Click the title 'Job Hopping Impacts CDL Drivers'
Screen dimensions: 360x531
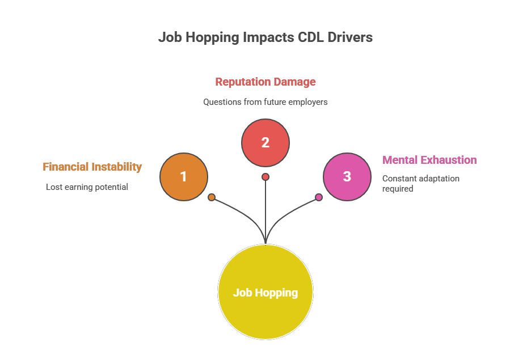click(x=265, y=37)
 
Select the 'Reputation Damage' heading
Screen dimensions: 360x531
click(x=265, y=82)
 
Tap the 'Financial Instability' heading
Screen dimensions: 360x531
click(x=92, y=167)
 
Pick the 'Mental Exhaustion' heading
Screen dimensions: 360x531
click(x=429, y=160)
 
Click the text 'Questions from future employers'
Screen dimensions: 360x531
click(x=265, y=102)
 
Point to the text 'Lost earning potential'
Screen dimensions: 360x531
click(x=87, y=187)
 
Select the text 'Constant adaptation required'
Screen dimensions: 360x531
click(x=420, y=183)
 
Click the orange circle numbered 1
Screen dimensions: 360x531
click(x=184, y=177)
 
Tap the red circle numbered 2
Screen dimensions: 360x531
click(x=265, y=143)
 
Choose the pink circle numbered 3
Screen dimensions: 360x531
click(x=347, y=176)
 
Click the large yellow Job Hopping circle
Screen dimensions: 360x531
click(x=265, y=292)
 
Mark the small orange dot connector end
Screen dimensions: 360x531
click(x=212, y=197)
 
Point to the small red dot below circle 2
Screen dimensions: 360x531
click(x=265, y=177)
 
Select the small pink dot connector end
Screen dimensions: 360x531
click(x=319, y=197)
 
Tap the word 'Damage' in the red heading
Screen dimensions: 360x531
click(x=295, y=82)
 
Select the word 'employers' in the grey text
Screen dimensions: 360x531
click(x=309, y=102)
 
